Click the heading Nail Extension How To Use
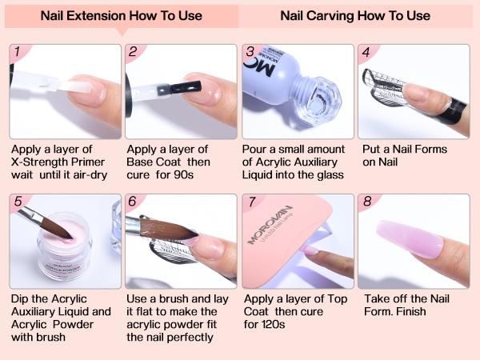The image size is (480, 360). pos(122,15)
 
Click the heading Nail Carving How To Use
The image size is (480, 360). pos(355,15)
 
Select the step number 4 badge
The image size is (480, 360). pos(366,54)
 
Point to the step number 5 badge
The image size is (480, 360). pos(17,202)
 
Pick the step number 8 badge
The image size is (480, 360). pos(366,202)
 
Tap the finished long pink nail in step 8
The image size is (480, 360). pos(416,240)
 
